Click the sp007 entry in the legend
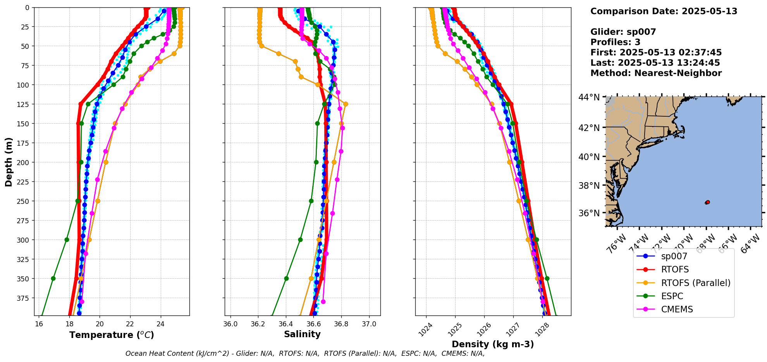674,256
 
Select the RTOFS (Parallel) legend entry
695,283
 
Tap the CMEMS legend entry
677,309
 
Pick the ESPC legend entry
672,296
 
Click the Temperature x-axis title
112,335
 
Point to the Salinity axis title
302,334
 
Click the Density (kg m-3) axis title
493,344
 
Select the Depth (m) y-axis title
9,162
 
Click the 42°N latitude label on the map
589,128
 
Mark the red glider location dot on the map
707,202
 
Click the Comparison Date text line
664,11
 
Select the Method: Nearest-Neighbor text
656,73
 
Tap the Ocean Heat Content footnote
305,353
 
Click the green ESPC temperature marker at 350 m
53,278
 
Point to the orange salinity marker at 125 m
346,104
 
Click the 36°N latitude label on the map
589,213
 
